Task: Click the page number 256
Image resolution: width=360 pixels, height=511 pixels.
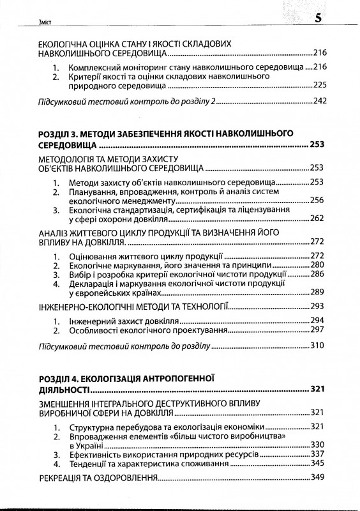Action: click(319, 201)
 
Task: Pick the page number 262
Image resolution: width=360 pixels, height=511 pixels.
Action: click(319, 218)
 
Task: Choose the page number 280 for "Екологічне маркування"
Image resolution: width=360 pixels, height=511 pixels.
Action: click(319, 264)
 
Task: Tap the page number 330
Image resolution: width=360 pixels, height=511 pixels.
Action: click(319, 445)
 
